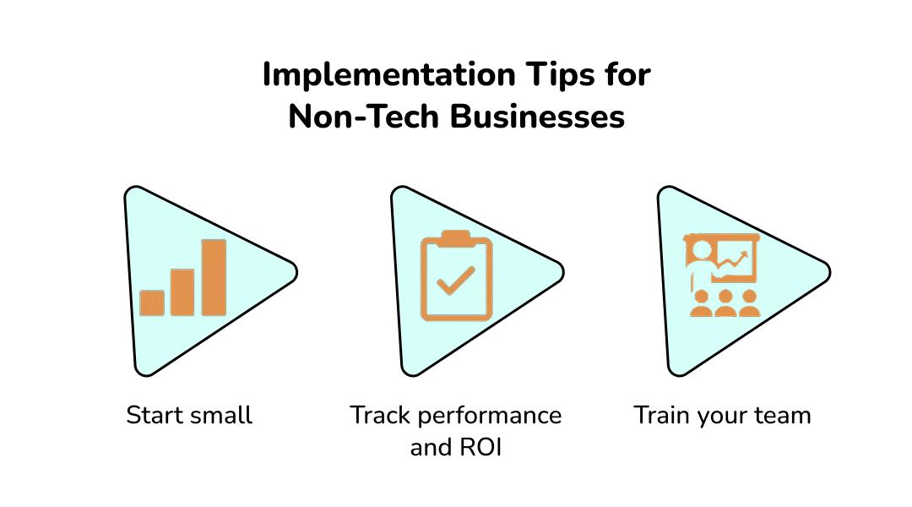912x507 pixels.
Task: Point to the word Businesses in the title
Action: [x=537, y=117]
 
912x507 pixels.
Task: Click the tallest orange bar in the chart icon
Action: [x=214, y=278]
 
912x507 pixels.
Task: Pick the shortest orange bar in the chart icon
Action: [x=152, y=303]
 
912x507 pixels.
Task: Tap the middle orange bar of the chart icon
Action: [x=182, y=292]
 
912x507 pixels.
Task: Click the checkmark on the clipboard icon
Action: [x=456, y=281]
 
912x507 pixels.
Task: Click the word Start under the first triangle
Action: [x=154, y=416]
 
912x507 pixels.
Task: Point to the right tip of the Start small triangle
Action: [x=297, y=272]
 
